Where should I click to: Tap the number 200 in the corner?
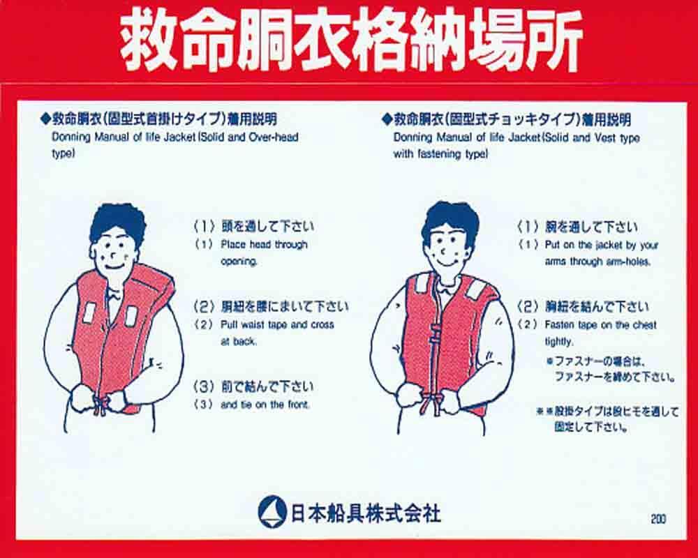pyautogui.click(x=658, y=519)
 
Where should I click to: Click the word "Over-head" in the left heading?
pyautogui.click(x=274, y=137)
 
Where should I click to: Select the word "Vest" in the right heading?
pyautogui.click(x=604, y=138)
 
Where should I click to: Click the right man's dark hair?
pyautogui.click(x=450, y=220)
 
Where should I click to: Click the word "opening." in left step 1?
pyautogui.click(x=239, y=262)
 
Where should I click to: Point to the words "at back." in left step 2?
pyautogui.click(x=239, y=342)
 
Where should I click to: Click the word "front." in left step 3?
pyautogui.click(x=297, y=405)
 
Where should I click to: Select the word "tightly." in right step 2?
pyautogui.click(x=559, y=342)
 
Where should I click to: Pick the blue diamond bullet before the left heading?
pyautogui.click(x=45, y=119)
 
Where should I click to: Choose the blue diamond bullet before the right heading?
pyautogui.click(x=387, y=119)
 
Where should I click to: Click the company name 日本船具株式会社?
pyautogui.click(x=366, y=513)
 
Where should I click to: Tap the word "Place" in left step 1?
pyautogui.click(x=233, y=244)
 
